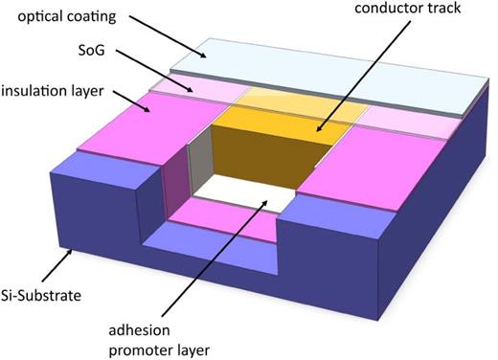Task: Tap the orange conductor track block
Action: pos(263,153)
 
